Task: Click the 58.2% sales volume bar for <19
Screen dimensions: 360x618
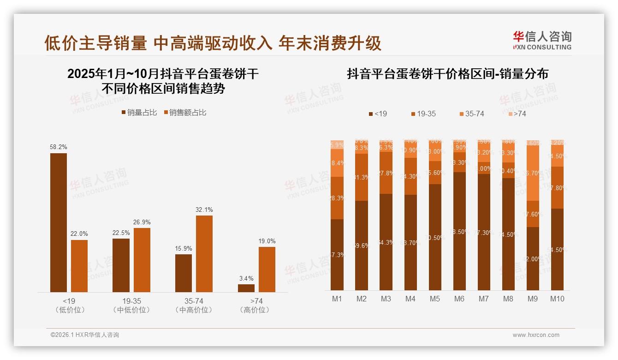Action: click(x=59, y=222)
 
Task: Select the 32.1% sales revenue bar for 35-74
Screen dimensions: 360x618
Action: click(x=204, y=253)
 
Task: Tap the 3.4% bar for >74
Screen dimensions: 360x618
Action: click(x=246, y=288)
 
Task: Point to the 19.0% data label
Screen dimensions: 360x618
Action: click(x=267, y=241)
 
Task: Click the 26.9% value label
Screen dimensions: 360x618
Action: click(x=142, y=222)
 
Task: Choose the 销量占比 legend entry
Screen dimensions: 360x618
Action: click(x=139, y=113)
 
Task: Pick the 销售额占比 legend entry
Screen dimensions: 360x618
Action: click(x=185, y=113)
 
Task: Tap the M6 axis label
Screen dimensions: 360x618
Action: click(x=459, y=299)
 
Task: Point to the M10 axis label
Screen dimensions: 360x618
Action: click(x=557, y=299)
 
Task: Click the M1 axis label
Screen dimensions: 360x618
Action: click(x=337, y=299)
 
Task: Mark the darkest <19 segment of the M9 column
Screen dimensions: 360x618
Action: click(x=533, y=258)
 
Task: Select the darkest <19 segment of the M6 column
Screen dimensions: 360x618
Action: click(x=459, y=231)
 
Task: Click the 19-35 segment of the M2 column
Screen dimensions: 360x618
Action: click(x=362, y=177)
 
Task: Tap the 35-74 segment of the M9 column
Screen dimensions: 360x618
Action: click(x=533, y=173)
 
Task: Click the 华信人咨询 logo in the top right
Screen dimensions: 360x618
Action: click(x=542, y=41)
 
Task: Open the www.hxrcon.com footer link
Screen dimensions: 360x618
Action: click(x=536, y=335)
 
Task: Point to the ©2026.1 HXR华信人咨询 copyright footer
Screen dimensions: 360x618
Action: click(x=85, y=335)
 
